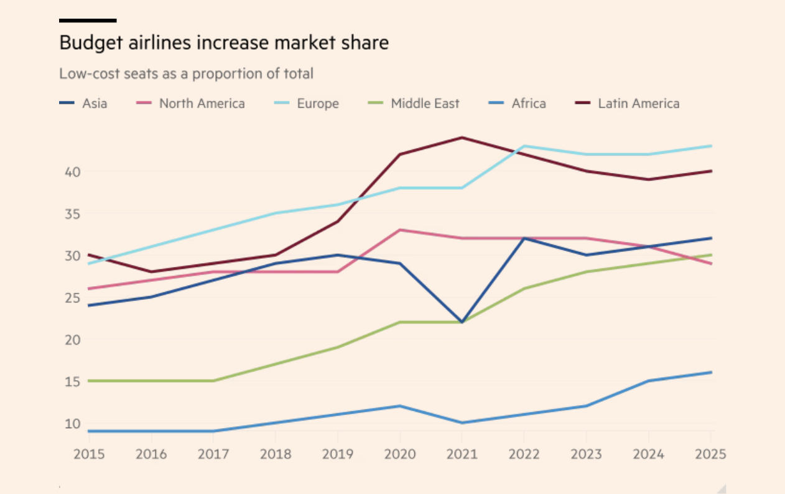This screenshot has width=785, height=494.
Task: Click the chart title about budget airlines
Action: pyautogui.click(x=224, y=43)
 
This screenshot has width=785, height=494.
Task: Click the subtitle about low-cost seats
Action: pyautogui.click(x=186, y=73)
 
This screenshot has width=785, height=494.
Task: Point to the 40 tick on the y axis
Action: pyautogui.click(x=73, y=171)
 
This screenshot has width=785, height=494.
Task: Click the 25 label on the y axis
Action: pyautogui.click(x=73, y=297)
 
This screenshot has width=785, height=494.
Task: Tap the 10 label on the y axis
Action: pyautogui.click(x=73, y=424)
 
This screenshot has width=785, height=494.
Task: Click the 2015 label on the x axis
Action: pyautogui.click(x=89, y=454)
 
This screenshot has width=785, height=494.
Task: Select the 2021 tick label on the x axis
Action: pyautogui.click(x=462, y=454)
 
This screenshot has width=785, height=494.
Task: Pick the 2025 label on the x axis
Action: pyautogui.click(x=710, y=454)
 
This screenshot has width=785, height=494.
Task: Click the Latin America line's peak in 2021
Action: pyautogui.click(x=462, y=137)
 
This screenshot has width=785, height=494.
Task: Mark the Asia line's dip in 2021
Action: pyautogui.click(x=462, y=322)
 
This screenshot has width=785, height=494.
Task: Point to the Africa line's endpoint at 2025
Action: pyautogui.click(x=711, y=372)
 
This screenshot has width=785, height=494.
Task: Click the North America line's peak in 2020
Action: pyautogui.click(x=400, y=230)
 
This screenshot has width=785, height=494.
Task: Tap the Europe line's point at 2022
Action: pyautogui.click(x=524, y=146)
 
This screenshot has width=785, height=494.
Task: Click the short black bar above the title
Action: pyautogui.click(x=88, y=21)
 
